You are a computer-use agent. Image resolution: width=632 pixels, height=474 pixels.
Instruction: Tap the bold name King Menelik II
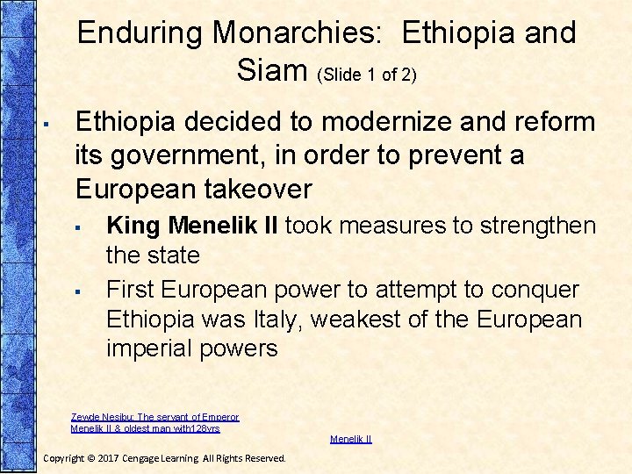(x=192, y=226)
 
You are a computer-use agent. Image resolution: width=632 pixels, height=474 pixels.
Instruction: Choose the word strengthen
(x=536, y=226)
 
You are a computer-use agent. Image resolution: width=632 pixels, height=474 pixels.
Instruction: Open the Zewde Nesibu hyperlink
(x=154, y=422)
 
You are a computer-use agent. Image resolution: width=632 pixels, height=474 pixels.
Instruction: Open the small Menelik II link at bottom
(x=350, y=439)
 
